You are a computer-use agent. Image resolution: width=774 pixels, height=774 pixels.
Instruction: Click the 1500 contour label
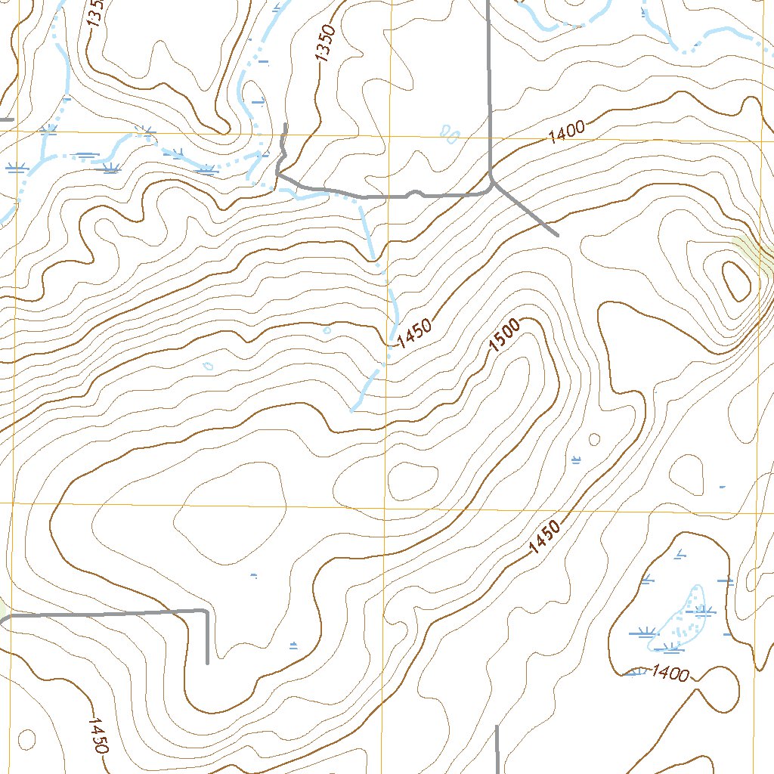tap(504, 336)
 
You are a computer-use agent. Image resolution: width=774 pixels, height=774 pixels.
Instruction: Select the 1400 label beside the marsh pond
tap(669, 672)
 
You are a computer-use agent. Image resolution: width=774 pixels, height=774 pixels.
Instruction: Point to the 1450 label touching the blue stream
tap(413, 333)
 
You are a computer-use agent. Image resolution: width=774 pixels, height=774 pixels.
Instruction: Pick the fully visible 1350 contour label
tap(324, 44)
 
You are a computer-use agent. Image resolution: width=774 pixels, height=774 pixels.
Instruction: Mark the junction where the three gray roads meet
tap(491, 179)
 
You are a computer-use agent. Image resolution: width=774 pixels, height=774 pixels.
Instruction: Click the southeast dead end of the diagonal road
tap(557, 235)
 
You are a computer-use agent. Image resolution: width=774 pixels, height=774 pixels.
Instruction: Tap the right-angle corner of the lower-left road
tap(206, 610)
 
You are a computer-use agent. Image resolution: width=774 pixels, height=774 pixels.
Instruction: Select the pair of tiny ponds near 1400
tap(450, 135)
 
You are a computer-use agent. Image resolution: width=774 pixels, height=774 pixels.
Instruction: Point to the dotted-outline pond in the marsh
tap(684, 616)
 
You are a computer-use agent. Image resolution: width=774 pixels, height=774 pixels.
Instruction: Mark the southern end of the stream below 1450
tap(353, 410)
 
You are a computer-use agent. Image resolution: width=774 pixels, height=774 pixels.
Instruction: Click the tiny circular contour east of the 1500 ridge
tap(594, 439)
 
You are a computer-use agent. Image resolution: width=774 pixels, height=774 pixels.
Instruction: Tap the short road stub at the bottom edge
tap(497, 748)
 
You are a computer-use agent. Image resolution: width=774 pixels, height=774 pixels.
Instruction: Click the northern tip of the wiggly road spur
tap(285, 125)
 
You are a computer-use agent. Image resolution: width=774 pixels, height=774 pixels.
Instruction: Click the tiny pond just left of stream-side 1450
tap(327, 330)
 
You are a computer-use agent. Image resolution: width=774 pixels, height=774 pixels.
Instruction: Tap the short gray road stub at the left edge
tap(7, 119)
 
